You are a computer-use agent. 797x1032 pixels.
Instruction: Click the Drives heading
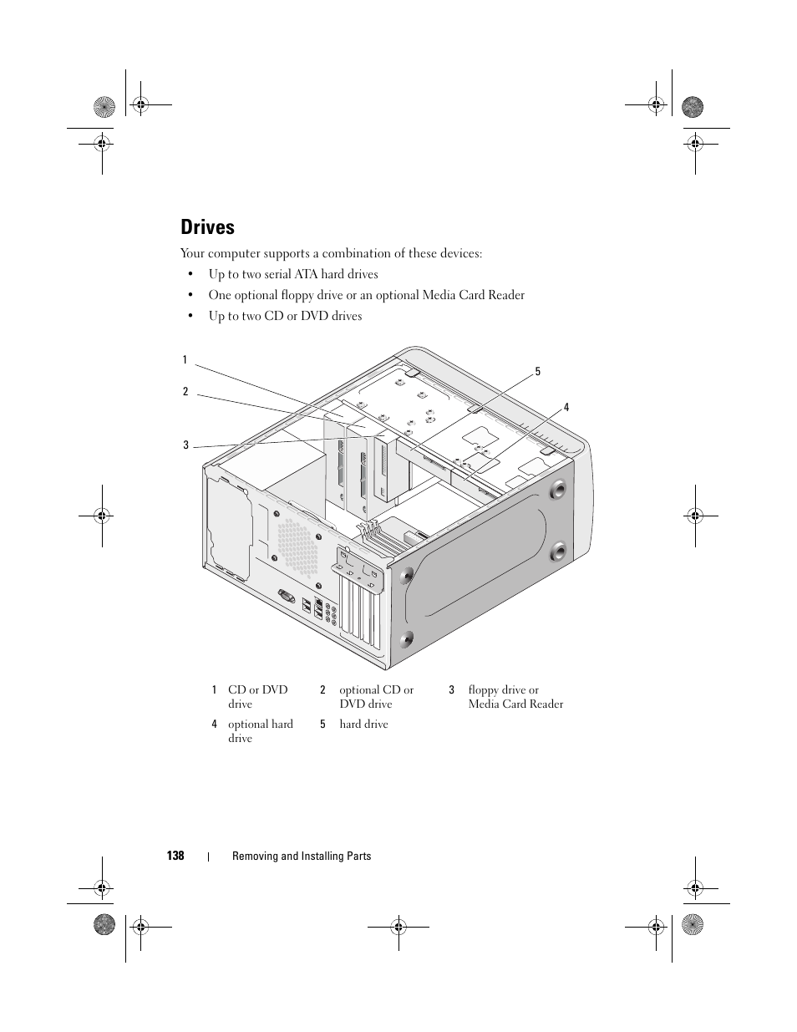(x=207, y=227)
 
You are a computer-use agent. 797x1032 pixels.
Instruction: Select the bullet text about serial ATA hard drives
(x=292, y=274)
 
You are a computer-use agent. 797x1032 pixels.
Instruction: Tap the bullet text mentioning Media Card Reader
(x=366, y=295)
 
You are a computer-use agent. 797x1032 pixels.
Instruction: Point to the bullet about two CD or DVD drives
(x=285, y=316)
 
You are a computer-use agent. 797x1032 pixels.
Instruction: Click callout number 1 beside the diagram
(x=185, y=360)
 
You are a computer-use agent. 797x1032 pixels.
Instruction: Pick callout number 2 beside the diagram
(x=185, y=391)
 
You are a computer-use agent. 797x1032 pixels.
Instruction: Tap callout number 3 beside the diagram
(x=186, y=445)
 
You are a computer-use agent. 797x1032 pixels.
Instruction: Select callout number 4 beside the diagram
(x=566, y=408)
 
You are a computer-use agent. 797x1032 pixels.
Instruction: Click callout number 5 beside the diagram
(x=538, y=372)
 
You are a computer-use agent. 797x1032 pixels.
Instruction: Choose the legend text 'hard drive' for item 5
(x=363, y=724)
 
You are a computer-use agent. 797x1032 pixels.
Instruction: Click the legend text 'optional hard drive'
(x=260, y=731)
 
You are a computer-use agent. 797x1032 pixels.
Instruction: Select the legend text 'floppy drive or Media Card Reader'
(x=515, y=697)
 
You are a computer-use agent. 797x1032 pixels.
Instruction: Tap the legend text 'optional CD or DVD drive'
(x=376, y=697)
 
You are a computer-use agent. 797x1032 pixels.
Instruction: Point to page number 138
(x=175, y=856)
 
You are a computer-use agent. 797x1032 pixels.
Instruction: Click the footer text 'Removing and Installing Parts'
(x=301, y=856)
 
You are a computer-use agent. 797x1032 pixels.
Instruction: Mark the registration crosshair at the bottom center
(x=398, y=926)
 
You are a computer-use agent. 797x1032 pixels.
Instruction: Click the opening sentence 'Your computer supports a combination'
(x=331, y=253)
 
